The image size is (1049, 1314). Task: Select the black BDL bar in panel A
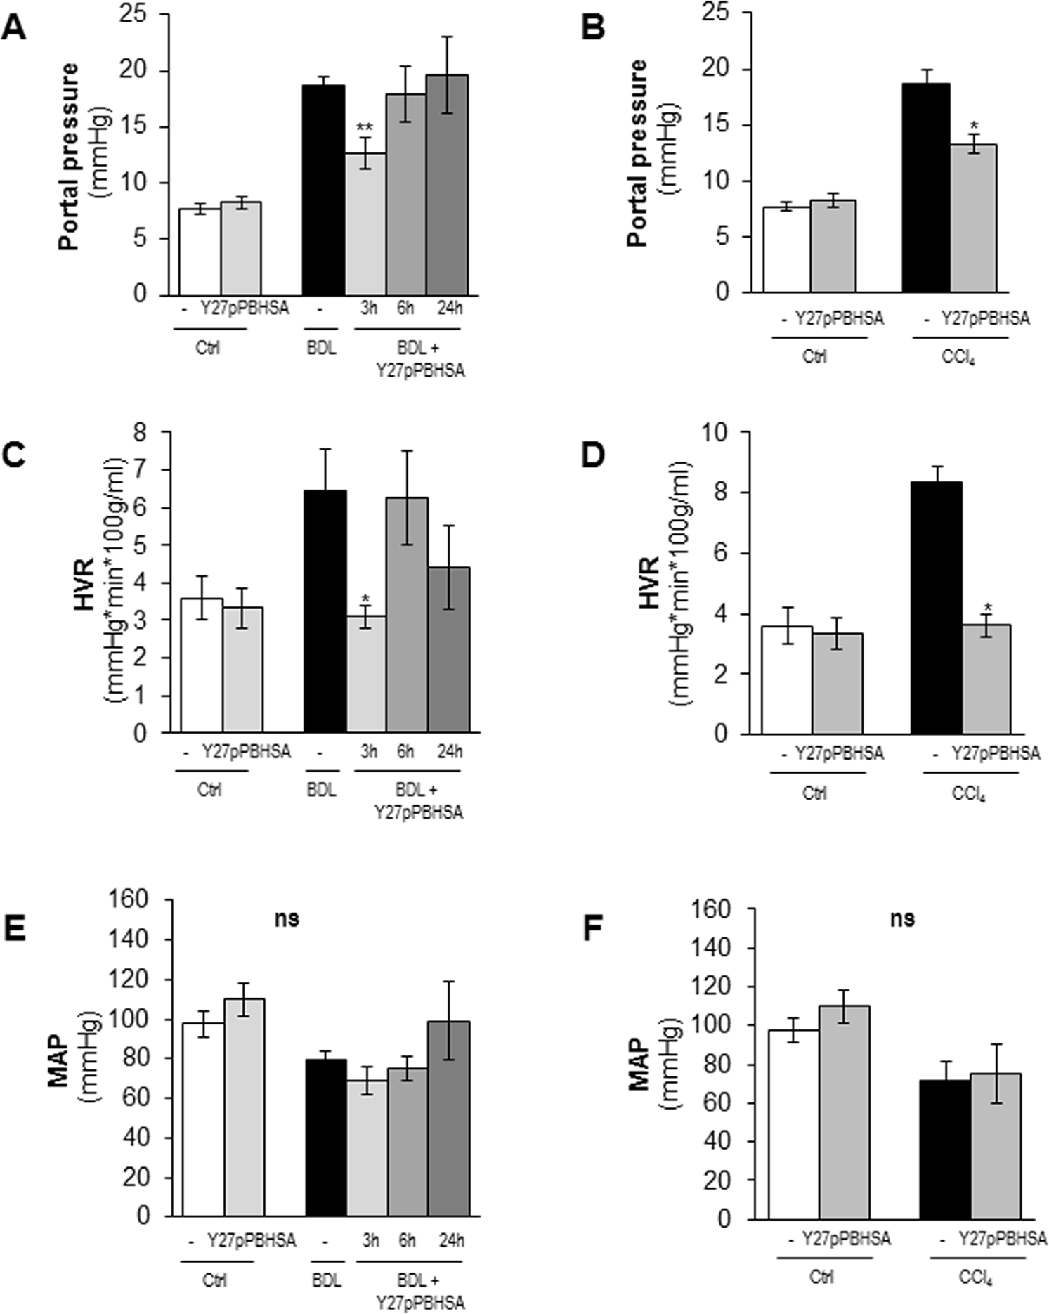pos(324,190)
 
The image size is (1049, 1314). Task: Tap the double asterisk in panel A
pos(365,128)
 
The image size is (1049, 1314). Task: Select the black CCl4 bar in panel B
pos(926,188)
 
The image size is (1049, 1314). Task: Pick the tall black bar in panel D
pos(936,608)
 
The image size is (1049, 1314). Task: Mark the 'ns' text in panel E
pos(287,918)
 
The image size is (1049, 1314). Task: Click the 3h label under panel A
pos(368,308)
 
